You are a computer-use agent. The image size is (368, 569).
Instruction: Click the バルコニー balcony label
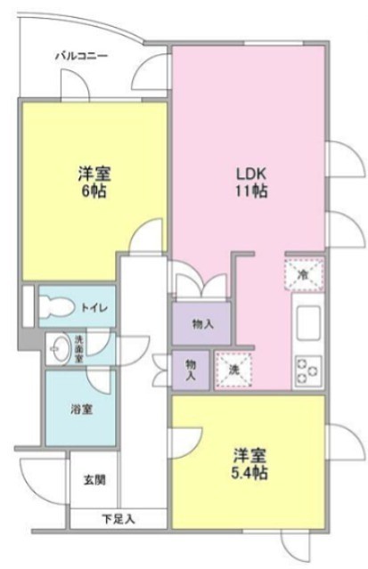[x=81, y=55]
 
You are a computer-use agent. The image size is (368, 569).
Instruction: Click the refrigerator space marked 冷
[x=303, y=274]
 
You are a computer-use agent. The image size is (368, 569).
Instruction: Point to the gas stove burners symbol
[x=308, y=368]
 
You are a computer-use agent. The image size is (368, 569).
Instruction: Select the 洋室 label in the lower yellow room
[x=249, y=455]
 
